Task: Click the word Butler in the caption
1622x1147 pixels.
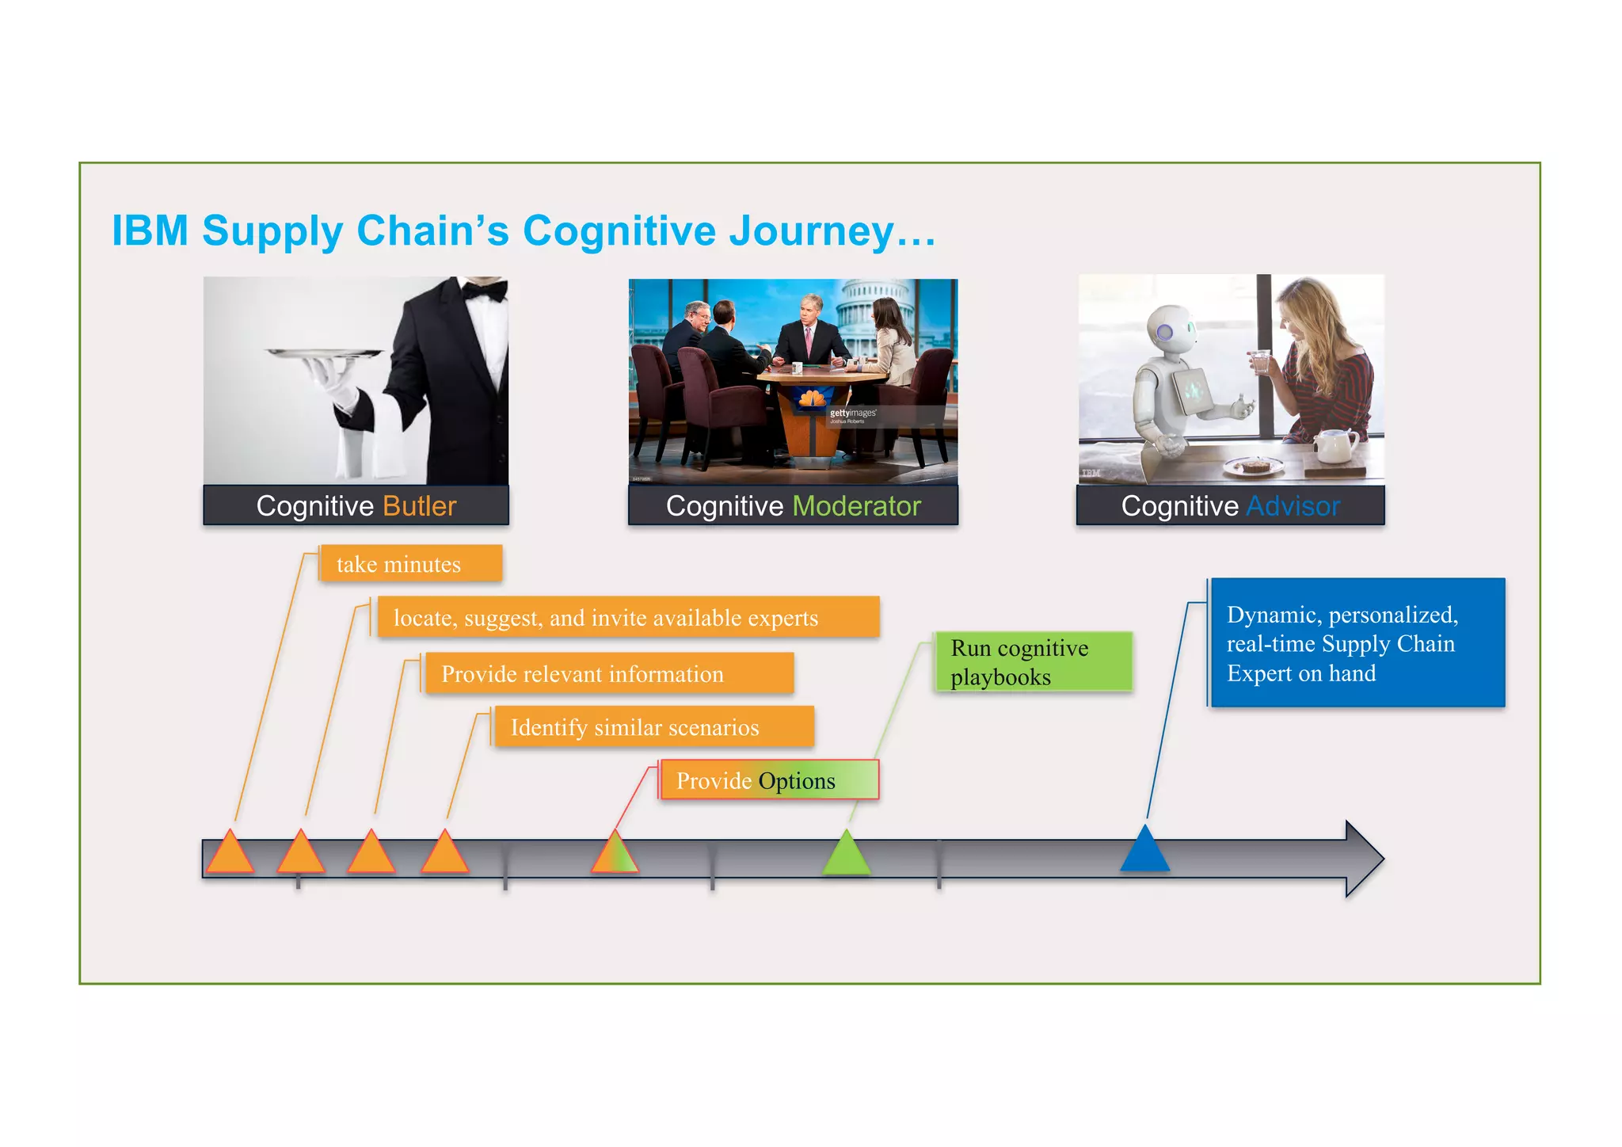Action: pyautogui.click(x=419, y=506)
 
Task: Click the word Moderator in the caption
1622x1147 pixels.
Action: pyautogui.click(x=856, y=506)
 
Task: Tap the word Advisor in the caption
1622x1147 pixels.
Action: pyautogui.click(x=1293, y=506)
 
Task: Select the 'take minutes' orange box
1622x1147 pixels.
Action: pyautogui.click(x=410, y=564)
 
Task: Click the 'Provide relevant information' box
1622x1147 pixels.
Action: pyautogui.click(x=608, y=673)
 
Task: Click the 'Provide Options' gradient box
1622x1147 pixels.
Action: pyautogui.click(x=768, y=780)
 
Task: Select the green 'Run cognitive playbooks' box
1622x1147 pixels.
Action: pyautogui.click(x=1033, y=661)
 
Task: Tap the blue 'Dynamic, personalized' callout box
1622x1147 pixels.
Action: pyautogui.click(x=1356, y=642)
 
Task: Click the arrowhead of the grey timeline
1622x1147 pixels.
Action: pyautogui.click(x=1364, y=859)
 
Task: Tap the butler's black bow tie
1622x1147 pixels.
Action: pyautogui.click(x=484, y=291)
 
